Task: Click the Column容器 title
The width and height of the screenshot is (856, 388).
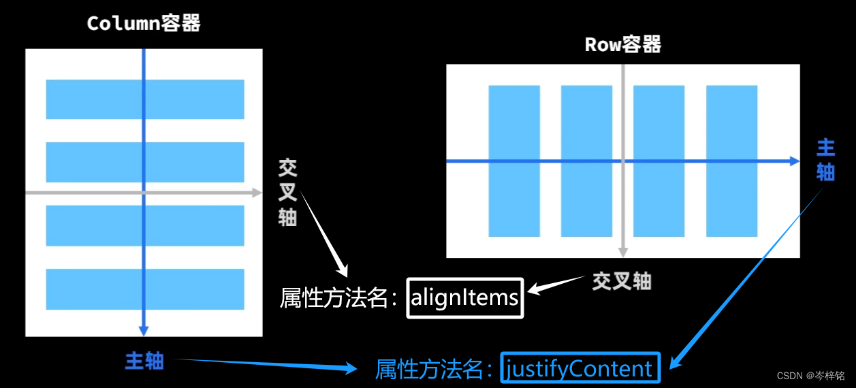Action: [x=144, y=24]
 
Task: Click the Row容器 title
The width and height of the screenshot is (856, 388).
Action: [x=623, y=45]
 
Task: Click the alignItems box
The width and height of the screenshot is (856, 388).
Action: [x=465, y=298]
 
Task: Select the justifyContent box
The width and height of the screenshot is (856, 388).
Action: [x=580, y=368]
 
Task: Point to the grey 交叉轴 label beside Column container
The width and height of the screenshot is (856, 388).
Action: [x=287, y=193]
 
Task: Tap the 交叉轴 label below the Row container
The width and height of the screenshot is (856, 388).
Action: [x=621, y=280]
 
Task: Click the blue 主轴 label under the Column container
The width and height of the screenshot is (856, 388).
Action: [x=144, y=360]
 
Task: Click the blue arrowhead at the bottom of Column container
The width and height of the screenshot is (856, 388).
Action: [x=144, y=331]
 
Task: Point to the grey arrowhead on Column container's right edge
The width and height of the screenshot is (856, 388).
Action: [x=257, y=193]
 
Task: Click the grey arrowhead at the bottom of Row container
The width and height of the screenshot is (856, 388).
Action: [x=622, y=252]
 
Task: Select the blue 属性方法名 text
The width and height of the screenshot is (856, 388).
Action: [x=434, y=369]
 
